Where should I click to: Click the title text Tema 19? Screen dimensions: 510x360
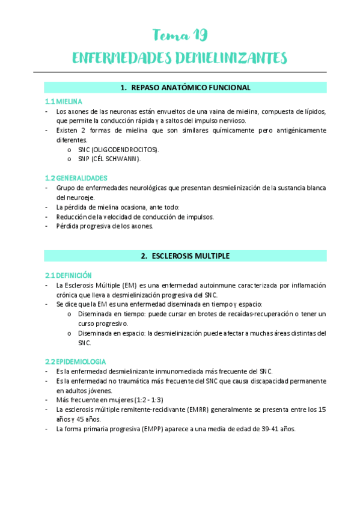coord(180,35)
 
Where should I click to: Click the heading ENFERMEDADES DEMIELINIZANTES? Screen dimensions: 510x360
coord(179,58)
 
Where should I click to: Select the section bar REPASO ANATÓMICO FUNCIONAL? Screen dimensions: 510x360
coord(185,88)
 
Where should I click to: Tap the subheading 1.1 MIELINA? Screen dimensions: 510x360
coord(64,102)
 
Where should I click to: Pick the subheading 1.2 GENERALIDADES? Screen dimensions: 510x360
coord(76,178)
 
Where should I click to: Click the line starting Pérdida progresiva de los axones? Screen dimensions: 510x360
coord(105,226)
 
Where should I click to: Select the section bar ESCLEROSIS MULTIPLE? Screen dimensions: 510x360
coord(185,256)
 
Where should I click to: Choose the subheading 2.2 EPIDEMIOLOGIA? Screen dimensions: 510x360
coord(75,361)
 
